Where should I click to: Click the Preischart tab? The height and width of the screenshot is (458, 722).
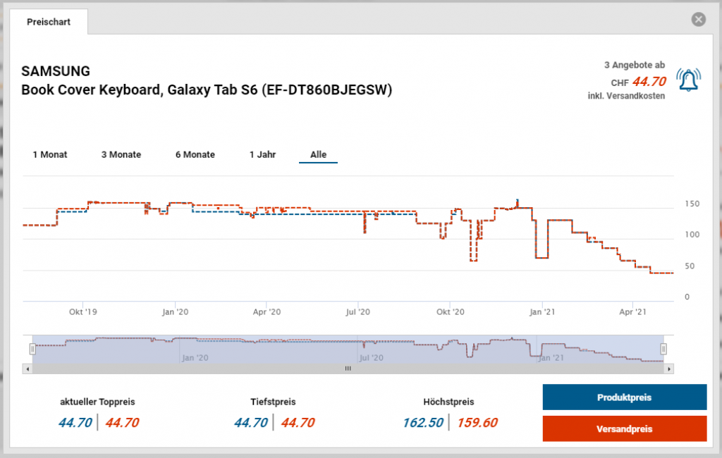point(49,22)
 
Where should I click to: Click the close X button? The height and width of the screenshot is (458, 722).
point(699,20)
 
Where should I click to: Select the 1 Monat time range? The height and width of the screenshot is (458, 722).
point(50,154)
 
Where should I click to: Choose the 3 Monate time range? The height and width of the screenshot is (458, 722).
point(121,154)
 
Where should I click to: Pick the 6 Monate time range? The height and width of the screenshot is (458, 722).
point(195,154)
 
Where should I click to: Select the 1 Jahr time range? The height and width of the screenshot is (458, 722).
point(262,154)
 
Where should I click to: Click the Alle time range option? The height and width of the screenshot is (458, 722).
point(318,154)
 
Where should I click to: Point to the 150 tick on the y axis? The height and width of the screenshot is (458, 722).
point(692,204)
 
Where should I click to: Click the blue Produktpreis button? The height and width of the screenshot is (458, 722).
point(624,397)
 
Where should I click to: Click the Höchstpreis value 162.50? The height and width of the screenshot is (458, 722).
point(423,423)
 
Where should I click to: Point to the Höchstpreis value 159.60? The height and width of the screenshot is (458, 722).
point(477,423)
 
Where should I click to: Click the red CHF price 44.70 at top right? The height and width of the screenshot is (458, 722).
point(649,82)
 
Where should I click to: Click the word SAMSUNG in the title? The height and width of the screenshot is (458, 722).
point(56,71)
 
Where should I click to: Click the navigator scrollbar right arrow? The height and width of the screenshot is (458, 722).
point(669,369)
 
